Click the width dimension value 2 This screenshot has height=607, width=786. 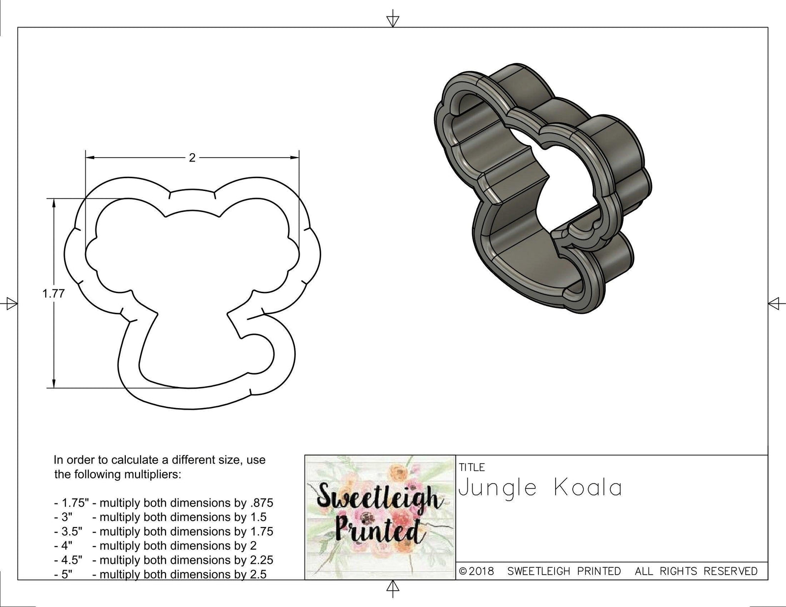coord(192,158)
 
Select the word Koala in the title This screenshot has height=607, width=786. coord(588,488)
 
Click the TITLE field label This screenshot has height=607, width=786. coord(472,467)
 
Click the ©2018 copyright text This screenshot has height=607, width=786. coord(477,571)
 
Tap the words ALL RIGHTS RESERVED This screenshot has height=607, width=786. coord(696,571)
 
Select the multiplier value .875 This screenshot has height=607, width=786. coord(262,503)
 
